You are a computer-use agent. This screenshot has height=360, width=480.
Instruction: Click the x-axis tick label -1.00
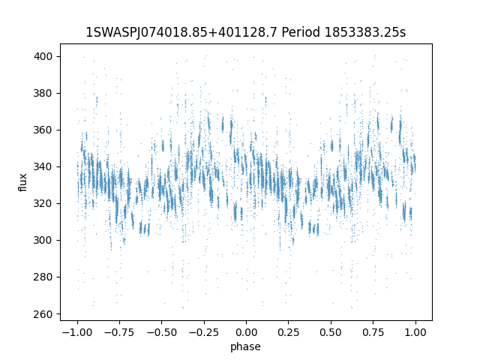pos(75,332)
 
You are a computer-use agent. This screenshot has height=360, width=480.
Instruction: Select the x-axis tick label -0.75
pos(118,332)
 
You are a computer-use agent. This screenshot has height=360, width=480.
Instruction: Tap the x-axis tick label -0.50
pos(160,332)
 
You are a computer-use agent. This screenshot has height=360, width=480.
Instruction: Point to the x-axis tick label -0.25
pos(202,332)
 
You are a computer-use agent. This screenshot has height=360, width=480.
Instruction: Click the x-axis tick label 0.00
pos(246,332)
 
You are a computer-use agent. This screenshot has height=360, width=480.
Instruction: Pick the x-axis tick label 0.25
pos(289,332)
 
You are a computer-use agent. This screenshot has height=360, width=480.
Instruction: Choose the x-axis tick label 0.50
pos(331,332)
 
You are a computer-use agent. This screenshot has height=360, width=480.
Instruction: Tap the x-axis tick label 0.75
pos(373,332)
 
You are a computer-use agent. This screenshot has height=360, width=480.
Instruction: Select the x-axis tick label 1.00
pos(416,332)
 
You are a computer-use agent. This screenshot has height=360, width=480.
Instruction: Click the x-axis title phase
pos(246,346)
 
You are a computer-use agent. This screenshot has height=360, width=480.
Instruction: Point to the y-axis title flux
pos(23,182)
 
